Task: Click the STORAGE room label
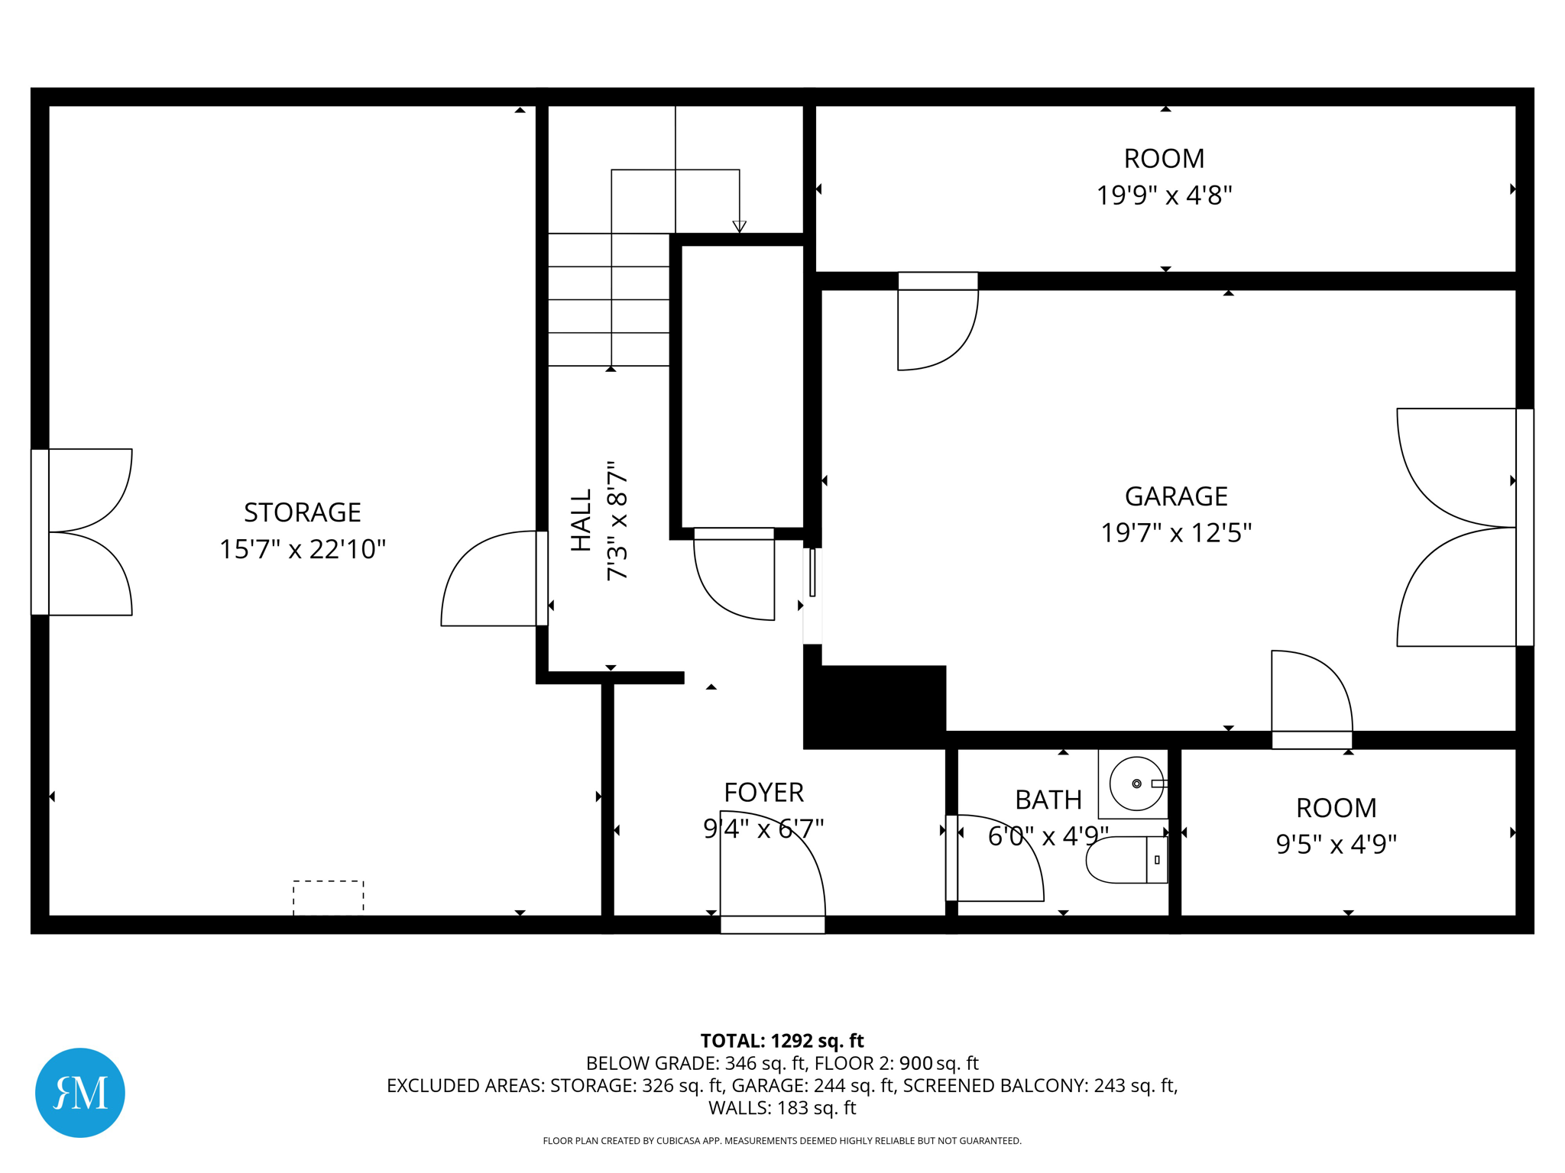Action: click(303, 512)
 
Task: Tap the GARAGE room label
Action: click(1176, 496)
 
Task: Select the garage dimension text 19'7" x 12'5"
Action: click(1176, 532)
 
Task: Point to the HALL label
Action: click(582, 520)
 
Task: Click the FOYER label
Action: click(764, 793)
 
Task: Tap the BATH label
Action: click(1048, 800)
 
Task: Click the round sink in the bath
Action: click(1137, 784)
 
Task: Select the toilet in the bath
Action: click(1127, 860)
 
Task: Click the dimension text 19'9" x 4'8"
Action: click(1165, 195)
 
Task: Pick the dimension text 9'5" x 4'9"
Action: click(1337, 844)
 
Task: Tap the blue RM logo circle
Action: click(80, 1093)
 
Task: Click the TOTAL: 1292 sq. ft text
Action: click(782, 1041)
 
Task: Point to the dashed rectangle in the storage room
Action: click(329, 897)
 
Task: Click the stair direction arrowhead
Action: click(739, 227)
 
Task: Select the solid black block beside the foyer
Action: click(875, 707)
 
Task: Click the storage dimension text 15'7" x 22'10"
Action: click(303, 549)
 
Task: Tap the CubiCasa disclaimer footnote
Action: click(782, 1141)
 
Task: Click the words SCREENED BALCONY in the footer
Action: click(996, 1085)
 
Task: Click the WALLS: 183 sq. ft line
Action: click(782, 1108)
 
